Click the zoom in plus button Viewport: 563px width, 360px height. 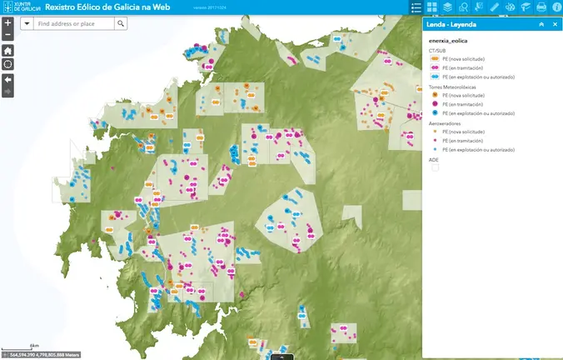click(7, 22)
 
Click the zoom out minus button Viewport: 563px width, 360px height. click(7, 35)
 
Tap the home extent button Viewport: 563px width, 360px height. click(7, 50)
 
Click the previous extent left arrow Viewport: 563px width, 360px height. click(7, 78)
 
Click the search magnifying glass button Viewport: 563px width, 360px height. click(121, 23)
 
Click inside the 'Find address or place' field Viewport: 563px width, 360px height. click(75, 23)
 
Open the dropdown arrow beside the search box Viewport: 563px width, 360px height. click(27, 23)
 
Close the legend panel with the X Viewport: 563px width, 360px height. click(555, 24)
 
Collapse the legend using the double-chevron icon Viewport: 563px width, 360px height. click(541, 24)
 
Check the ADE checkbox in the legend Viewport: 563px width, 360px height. click(434, 167)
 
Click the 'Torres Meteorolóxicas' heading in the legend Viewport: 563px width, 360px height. click(451, 86)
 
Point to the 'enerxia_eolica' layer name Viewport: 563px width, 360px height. click(448, 41)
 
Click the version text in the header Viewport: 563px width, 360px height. click(210, 7)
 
